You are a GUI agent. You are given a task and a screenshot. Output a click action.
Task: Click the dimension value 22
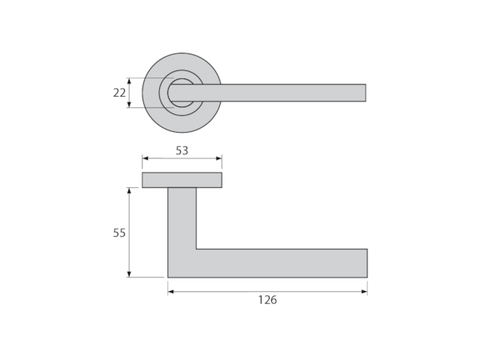(119, 93)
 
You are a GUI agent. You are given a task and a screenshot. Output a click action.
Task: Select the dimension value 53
(182, 150)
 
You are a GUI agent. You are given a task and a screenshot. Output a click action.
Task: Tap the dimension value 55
(119, 233)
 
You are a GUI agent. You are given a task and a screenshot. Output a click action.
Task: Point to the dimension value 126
(267, 300)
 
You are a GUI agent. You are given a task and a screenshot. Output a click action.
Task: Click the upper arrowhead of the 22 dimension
(129, 81)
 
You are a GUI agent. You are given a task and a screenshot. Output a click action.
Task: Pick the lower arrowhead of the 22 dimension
(129, 105)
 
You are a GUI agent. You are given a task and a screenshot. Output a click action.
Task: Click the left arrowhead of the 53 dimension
(145, 158)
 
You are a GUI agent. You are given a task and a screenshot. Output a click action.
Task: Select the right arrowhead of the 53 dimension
(219, 158)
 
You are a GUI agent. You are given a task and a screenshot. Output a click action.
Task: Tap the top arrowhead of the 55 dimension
(129, 190)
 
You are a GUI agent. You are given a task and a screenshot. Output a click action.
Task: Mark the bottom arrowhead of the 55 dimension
(129, 274)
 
